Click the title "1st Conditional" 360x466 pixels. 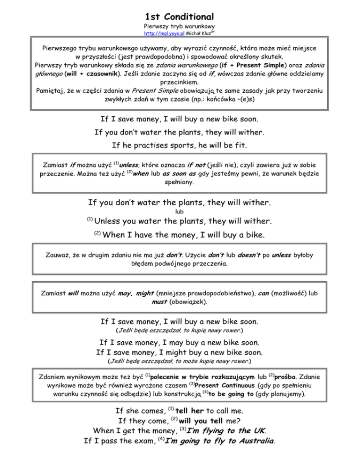pos(180,16)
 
